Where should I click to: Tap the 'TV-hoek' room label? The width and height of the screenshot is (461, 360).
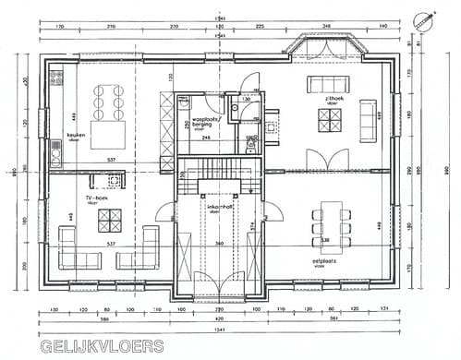coord(97,197)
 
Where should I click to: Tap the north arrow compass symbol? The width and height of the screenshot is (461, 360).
coord(426,19)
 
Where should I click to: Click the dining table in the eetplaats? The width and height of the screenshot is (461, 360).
coord(331,228)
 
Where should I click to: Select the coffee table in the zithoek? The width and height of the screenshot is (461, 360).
coord(330,120)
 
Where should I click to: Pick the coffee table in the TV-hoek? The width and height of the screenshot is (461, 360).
coord(110,218)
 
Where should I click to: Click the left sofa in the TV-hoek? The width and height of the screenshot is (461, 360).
coord(67,246)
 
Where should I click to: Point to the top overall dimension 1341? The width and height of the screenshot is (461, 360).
coord(219,18)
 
